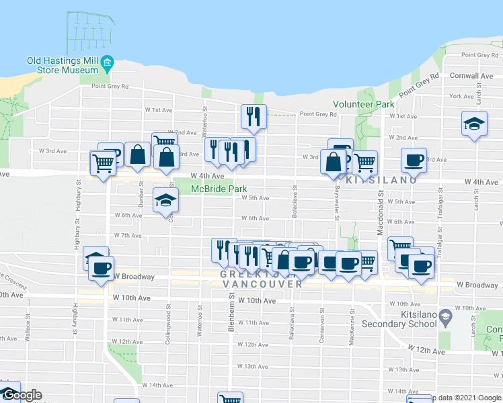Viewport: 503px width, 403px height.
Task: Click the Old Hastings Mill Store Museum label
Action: [63, 65]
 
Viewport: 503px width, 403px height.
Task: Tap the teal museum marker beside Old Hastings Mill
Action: [108, 65]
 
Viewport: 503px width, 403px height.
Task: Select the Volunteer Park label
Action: [364, 105]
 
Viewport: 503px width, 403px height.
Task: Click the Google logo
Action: [22, 395]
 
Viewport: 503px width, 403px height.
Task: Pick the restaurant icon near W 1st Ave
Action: [254, 117]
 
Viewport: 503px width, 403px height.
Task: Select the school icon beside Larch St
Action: [473, 124]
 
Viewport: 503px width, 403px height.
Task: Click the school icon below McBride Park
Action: [165, 200]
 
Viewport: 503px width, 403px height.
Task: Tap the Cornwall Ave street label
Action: [471, 76]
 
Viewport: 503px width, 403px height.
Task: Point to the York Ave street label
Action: [461, 97]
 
